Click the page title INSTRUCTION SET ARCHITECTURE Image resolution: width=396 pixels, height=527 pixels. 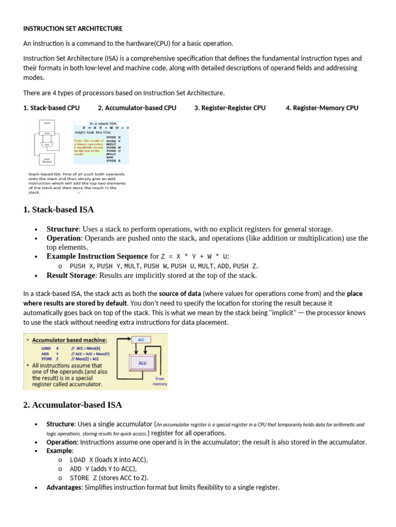pyautogui.click(x=73, y=28)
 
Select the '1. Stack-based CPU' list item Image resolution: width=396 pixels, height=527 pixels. pyautogui.click(x=52, y=108)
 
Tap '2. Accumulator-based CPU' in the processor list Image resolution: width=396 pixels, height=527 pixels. pyautogui.click(x=137, y=108)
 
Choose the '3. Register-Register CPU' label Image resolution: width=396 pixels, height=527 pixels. pyautogui.click(x=230, y=108)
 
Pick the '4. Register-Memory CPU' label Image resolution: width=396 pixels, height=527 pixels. pyautogui.click(x=322, y=108)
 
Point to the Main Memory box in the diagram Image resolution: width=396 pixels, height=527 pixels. pyautogui.click(x=47, y=160)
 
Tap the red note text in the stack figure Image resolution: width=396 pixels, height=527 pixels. pyautogui.click(x=88, y=146)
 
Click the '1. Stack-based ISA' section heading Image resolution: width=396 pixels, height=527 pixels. pyautogui.click(x=59, y=209)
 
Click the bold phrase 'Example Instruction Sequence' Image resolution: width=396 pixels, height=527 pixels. pyautogui.click(x=97, y=256)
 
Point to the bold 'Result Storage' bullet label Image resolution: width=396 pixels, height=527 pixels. pyautogui.click(x=71, y=275)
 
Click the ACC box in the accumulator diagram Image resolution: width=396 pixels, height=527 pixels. pyautogui.click(x=141, y=340)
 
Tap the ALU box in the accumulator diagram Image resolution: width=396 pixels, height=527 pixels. pyautogui.click(x=143, y=363)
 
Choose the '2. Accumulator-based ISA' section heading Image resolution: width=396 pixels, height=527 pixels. pyautogui.click(x=73, y=405)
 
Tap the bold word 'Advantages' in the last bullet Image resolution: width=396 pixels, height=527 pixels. pyautogui.click(x=64, y=487)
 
